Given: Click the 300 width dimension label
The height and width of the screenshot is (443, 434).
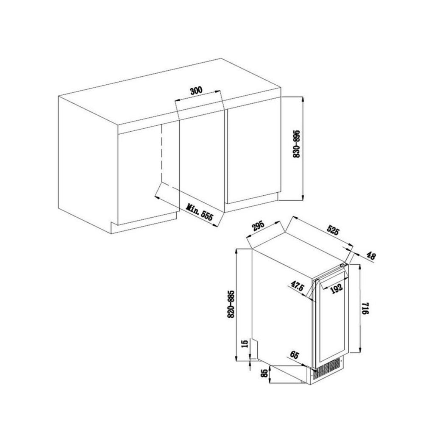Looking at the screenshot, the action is click(x=196, y=90).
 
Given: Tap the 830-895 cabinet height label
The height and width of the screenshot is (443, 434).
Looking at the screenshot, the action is click(x=297, y=144).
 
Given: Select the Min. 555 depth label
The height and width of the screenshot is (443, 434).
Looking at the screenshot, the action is click(x=199, y=212).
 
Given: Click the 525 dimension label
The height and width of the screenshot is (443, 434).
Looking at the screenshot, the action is click(x=333, y=230).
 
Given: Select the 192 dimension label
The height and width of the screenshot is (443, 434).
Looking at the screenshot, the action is click(x=337, y=288).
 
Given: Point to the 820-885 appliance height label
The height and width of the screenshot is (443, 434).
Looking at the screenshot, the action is click(x=231, y=304).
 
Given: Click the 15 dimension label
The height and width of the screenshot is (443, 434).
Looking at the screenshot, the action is click(x=245, y=343).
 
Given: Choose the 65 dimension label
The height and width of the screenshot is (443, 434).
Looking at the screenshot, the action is click(x=294, y=354).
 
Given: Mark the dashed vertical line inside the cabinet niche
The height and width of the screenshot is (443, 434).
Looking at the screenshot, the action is click(x=162, y=151).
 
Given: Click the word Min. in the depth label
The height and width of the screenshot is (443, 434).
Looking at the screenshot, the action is click(x=192, y=208).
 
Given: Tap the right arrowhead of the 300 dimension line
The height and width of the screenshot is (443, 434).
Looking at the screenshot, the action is click(x=218, y=91).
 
